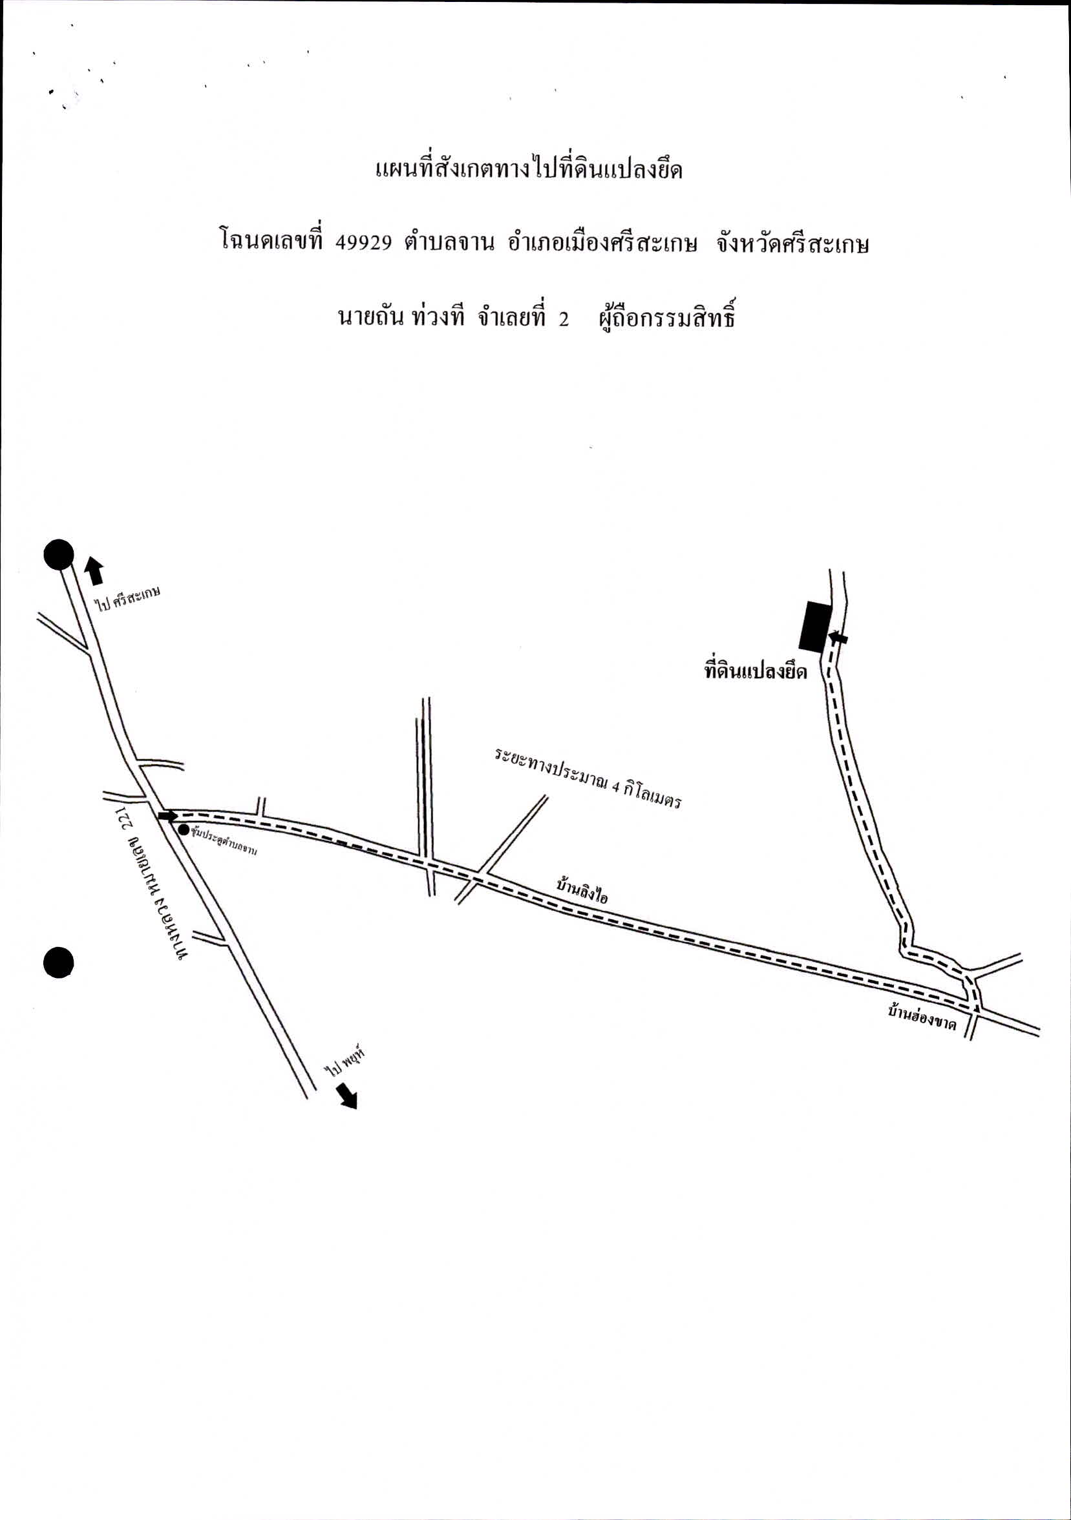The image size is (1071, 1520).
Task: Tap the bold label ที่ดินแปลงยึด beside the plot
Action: point(755,672)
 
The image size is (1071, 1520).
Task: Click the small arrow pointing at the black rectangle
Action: point(838,638)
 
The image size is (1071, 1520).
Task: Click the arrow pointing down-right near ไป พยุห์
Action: point(346,1095)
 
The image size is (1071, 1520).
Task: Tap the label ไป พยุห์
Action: point(345,1061)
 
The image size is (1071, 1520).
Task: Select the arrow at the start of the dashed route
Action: point(167,816)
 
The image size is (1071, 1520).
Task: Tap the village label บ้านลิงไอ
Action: point(582,892)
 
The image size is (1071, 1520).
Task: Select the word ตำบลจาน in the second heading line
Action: point(449,243)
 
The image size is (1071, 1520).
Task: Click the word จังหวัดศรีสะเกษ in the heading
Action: point(792,244)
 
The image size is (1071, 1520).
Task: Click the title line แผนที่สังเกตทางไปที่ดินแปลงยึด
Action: point(529,169)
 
